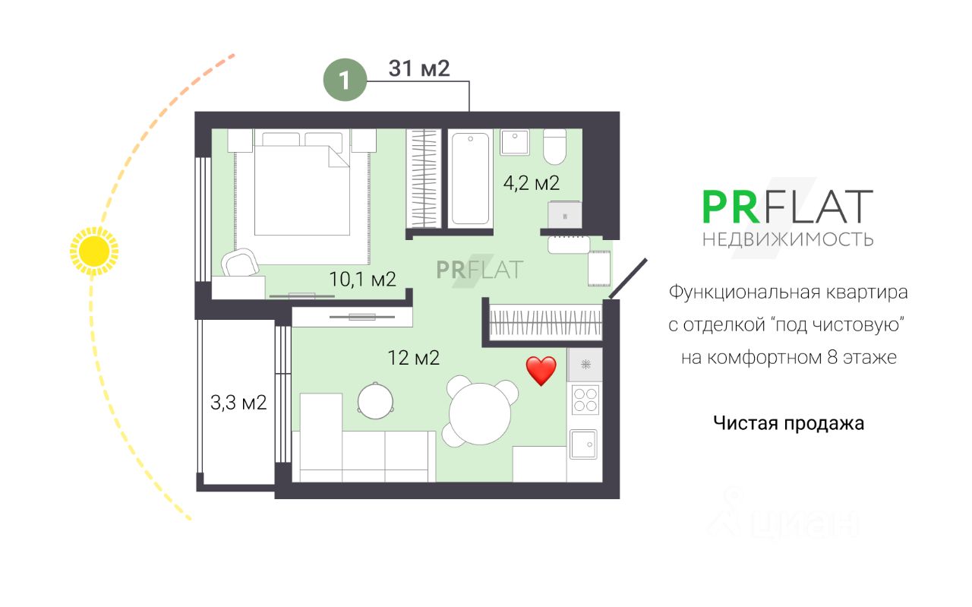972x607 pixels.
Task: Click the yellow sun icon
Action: [94, 251]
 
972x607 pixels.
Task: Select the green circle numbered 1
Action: [345, 80]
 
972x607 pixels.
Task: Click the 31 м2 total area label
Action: [419, 68]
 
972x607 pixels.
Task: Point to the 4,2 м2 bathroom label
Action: [532, 183]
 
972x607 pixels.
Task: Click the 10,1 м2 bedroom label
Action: [363, 279]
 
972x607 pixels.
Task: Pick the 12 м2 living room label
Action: [414, 359]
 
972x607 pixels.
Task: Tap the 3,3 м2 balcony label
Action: [238, 403]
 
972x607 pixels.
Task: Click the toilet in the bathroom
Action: [555, 147]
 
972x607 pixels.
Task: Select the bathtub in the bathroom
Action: [470, 179]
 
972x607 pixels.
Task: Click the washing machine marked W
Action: [564, 214]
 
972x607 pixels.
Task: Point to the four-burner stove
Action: [585, 400]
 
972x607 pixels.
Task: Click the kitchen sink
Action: [584, 444]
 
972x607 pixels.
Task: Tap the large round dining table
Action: [480, 414]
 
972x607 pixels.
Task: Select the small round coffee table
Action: [376, 401]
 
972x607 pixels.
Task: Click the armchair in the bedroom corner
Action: [240, 263]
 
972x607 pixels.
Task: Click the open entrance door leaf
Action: [628, 279]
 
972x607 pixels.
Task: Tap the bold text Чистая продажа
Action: [788, 423]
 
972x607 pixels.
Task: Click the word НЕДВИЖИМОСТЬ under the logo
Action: [787, 239]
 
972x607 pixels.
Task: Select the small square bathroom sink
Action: [515, 142]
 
